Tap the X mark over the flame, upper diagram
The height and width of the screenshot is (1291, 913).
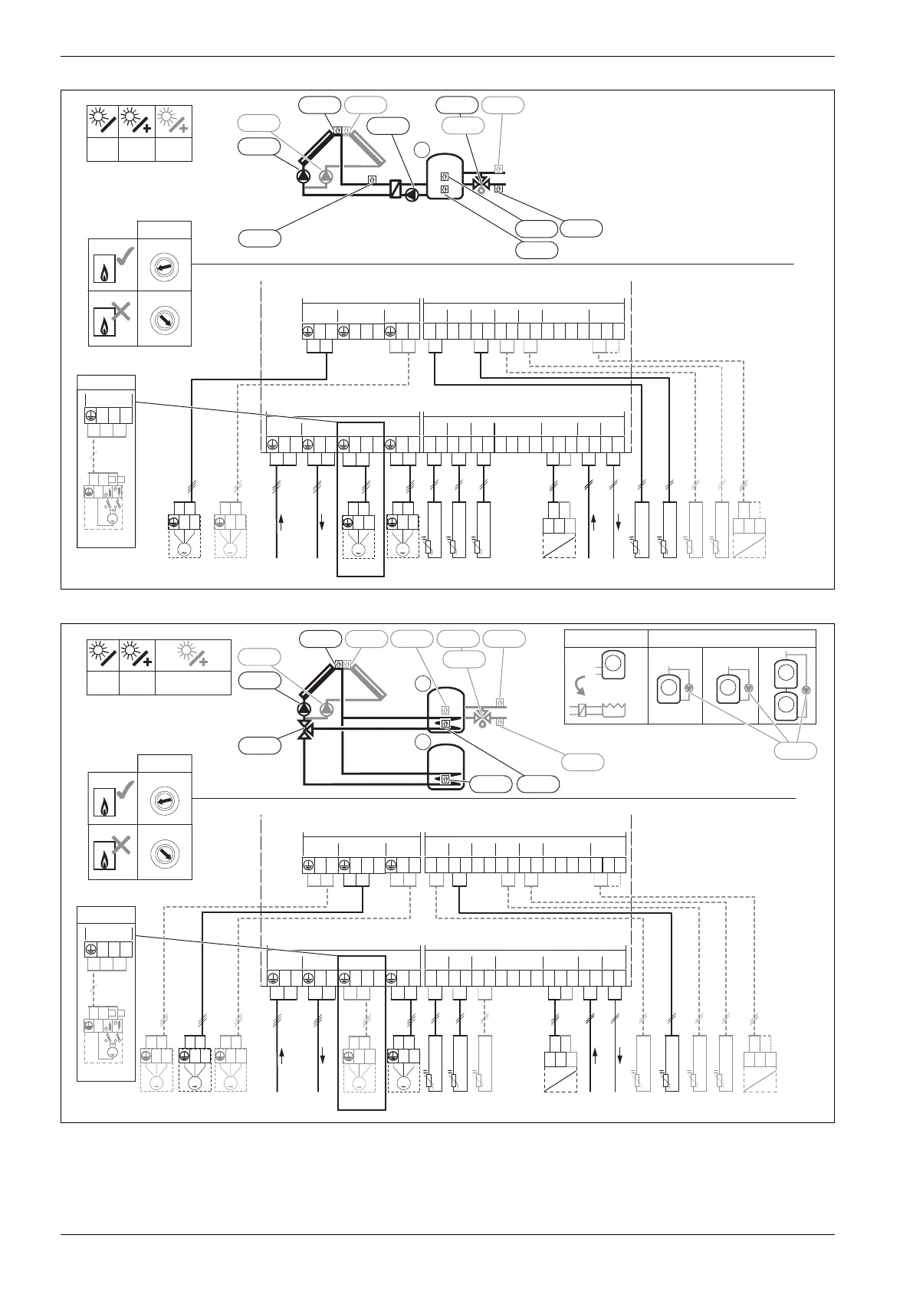pyautogui.click(x=120, y=310)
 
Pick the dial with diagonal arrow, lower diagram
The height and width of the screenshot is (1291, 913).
pyautogui.click(x=163, y=852)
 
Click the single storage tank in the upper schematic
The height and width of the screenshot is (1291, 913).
pyautogui.click(x=445, y=176)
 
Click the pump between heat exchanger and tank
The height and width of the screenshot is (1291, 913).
pyautogui.click(x=412, y=195)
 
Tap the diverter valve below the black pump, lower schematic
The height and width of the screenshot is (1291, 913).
pyautogui.click(x=304, y=730)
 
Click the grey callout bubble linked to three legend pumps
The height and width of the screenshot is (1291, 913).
pyautogui.click(x=795, y=751)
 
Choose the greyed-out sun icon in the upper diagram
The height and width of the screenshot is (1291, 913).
pyautogui.click(x=174, y=121)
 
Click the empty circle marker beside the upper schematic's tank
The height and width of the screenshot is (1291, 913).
pyautogui.click(x=421, y=149)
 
